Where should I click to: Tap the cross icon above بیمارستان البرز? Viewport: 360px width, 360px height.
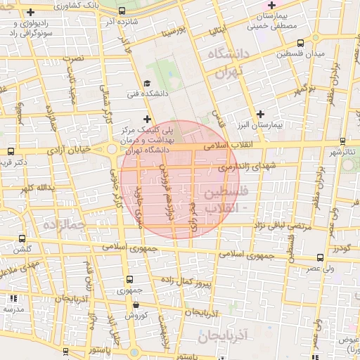[261, 114]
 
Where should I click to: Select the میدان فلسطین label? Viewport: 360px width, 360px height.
[300, 54]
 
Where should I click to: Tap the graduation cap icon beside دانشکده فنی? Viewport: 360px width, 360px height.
[146, 82]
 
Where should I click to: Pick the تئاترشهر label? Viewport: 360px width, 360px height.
[345, 151]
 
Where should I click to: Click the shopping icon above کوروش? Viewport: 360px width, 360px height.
[136, 305]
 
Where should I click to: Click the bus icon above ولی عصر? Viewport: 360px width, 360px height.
[321, 259]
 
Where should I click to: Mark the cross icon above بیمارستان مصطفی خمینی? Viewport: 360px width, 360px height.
[271, 6]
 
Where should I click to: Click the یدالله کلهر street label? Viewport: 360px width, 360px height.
[38, 188]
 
